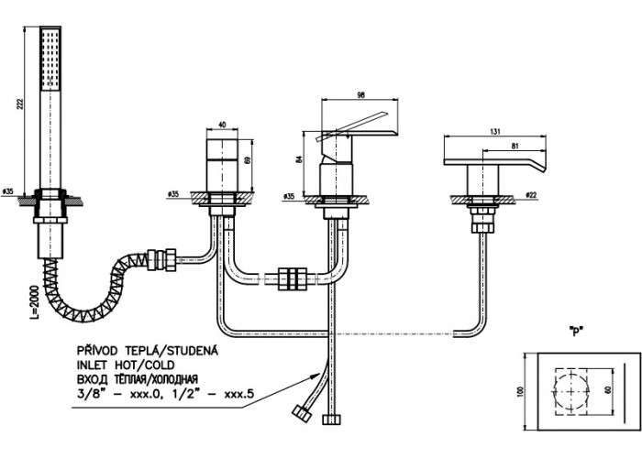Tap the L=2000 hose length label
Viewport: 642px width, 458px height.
[x=36, y=302]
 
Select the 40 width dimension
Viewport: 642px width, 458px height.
[x=222, y=125]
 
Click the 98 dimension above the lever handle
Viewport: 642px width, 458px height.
[x=360, y=95]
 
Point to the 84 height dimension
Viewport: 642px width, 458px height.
[x=298, y=159]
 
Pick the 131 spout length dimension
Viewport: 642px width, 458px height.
[x=495, y=132]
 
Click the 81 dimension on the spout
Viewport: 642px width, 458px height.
[x=515, y=145]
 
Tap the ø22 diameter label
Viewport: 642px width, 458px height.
[x=530, y=195]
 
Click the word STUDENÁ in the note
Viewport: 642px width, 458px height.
[x=192, y=351]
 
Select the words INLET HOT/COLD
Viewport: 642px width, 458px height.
[x=126, y=365]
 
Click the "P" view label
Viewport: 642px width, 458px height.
[x=576, y=332]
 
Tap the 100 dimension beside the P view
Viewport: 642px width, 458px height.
[x=520, y=391]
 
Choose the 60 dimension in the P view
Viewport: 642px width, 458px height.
[x=609, y=389]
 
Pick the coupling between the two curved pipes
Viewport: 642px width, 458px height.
[x=292, y=279]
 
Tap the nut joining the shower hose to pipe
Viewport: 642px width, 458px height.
[x=162, y=259]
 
